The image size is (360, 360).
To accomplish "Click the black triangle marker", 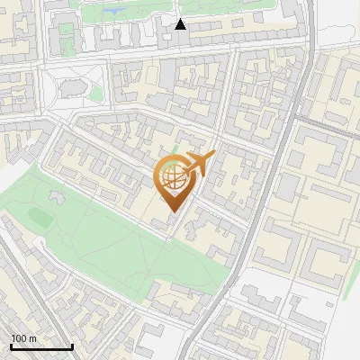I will click(x=180, y=24).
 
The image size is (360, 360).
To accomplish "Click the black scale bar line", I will click(x=41, y=347).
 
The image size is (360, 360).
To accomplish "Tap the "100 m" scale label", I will click(x=23, y=338).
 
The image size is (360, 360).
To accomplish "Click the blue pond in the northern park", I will click(x=115, y=12).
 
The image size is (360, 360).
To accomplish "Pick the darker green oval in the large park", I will click(x=40, y=216).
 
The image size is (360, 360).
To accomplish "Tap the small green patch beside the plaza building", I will click(x=94, y=94).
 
